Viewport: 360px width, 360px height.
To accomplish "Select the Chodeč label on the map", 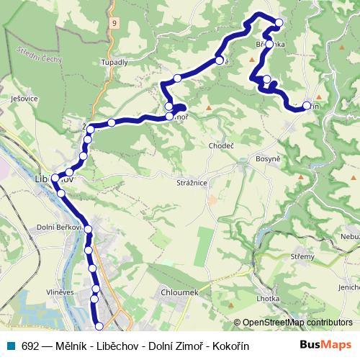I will coord(221,146).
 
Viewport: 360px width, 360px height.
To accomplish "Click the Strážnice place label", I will coord(192,183).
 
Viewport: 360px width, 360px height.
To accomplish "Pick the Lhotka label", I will coord(268,298).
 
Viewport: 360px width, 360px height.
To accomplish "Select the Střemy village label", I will coord(302,257).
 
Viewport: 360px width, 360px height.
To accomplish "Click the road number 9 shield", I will coord(114,23).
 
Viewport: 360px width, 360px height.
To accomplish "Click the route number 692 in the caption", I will coord(30,346).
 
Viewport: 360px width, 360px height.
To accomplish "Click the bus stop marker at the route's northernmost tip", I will coord(279,23).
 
